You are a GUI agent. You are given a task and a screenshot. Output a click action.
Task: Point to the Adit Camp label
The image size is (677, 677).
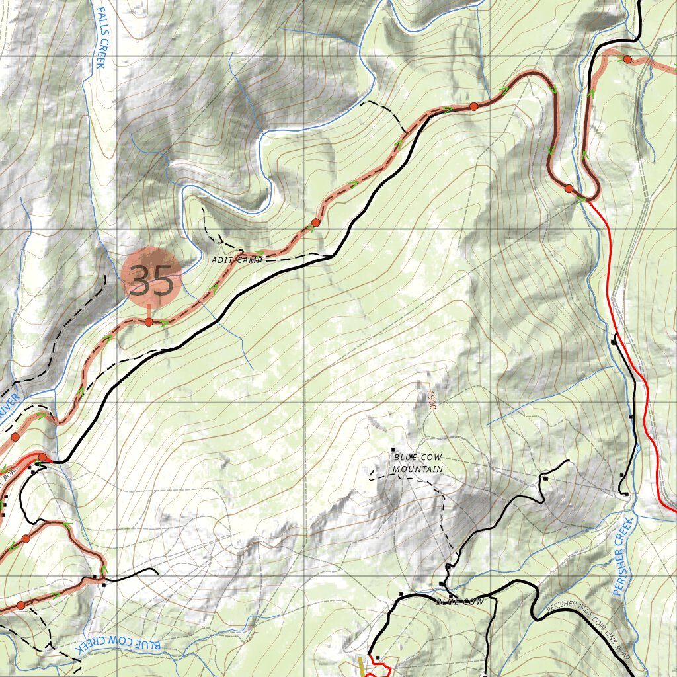tap(237, 260)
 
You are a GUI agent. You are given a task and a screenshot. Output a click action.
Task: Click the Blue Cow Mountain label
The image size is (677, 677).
tap(417, 463)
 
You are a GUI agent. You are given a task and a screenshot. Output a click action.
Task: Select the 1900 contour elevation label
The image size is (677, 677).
tap(431, 399)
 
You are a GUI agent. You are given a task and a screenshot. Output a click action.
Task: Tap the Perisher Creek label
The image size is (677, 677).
tap(623, 557)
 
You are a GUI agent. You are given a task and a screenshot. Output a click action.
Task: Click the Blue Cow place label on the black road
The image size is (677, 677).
tap(459, 602)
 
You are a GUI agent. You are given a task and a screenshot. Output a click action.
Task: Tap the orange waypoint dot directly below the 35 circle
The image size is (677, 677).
tap(149, 322)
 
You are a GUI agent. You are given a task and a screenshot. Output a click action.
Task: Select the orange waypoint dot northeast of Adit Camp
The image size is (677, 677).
tap(315, 223)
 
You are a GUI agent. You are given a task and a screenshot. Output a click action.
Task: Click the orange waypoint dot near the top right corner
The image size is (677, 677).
tap(627, 60)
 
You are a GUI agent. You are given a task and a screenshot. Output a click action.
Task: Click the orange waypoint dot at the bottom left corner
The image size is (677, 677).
tap(20, 605)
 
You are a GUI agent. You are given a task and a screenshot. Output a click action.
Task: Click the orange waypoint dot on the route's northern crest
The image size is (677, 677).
tap(474, 106)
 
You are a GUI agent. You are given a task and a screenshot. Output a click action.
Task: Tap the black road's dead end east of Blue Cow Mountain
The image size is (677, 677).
tap(568, 461)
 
